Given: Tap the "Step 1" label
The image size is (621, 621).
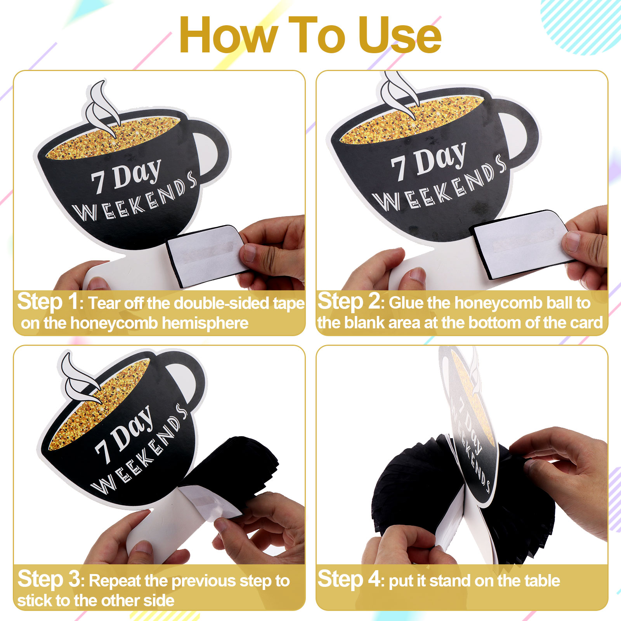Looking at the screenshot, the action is click(x=48, y=302).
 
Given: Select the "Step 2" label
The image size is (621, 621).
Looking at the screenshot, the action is click(x=349, y=302).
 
